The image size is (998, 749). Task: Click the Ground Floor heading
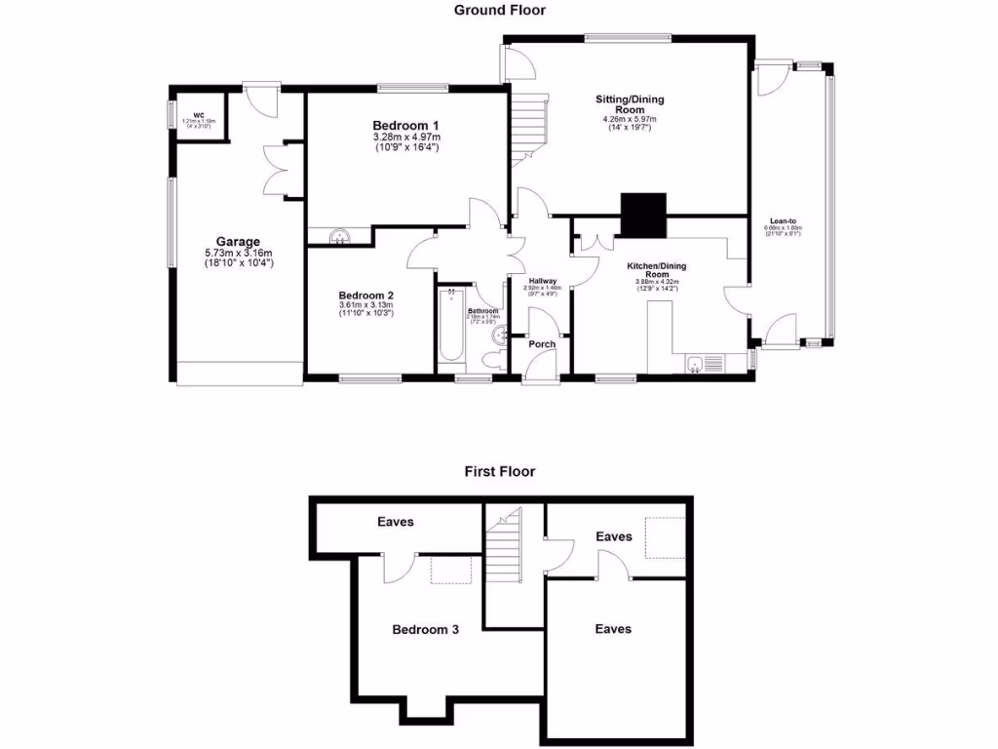pos(499,10)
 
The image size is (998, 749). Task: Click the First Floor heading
pos(499,471)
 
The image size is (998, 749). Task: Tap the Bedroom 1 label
pos(405,126)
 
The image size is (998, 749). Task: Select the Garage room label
pos(238,242)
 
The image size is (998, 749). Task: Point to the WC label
pos(198,114)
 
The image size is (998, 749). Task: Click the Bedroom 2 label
pos(365,296)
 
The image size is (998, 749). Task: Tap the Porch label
pos(542,344)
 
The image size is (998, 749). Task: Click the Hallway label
pos(542,281)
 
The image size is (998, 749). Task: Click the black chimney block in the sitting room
pos(644,215)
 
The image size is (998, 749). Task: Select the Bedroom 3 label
pos(425,629)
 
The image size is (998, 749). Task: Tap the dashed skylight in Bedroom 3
pos(451,570)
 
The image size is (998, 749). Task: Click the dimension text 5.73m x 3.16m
pos(238,254)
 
